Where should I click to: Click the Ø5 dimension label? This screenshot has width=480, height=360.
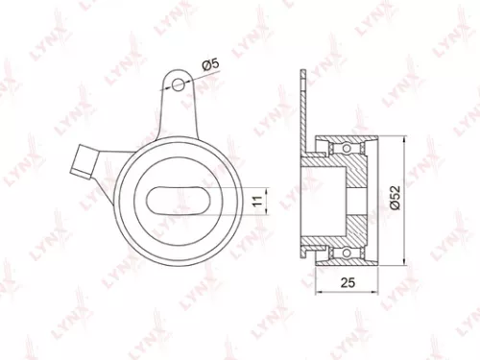(211, 65)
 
